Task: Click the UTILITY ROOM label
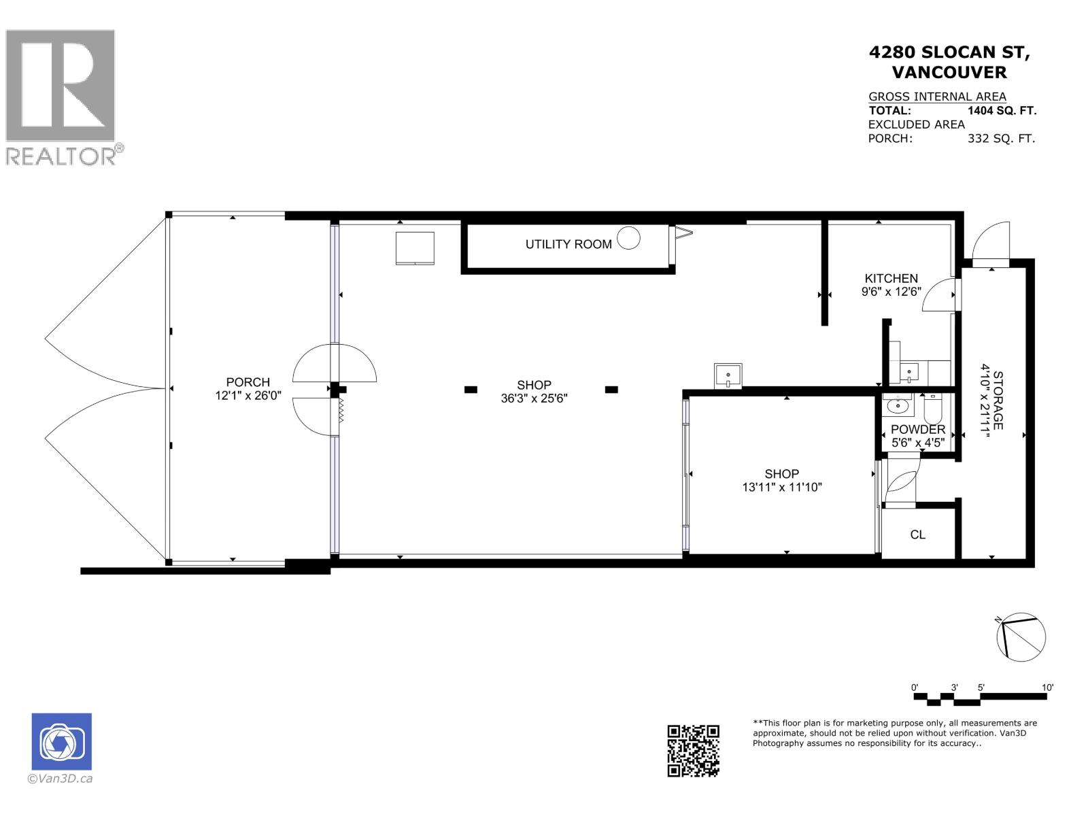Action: click(x=568, y=244)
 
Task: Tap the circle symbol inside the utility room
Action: click(x=629, y=238)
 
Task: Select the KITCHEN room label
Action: click(x=891, y=278)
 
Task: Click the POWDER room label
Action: click(x=918, y=430)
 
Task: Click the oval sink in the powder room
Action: click(x=898, y=407)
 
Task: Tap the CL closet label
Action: click(x=917, y=534)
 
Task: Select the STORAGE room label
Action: click(x=998, y=400)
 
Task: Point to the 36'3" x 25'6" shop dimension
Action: click(x=534, y=398)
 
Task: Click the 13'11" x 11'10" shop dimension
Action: click(x=782, y=487)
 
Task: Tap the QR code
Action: click(x=693, y=750)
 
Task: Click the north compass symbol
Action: click(x=1021, y=637)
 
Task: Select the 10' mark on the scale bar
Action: click(x=1047, y=687)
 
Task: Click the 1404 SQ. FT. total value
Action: click(x=1002, y=111)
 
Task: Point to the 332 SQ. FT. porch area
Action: click(x=1001, y=139)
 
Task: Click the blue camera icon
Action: click(x=62, y=741)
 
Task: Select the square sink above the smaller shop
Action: click(x=728, y=375)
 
